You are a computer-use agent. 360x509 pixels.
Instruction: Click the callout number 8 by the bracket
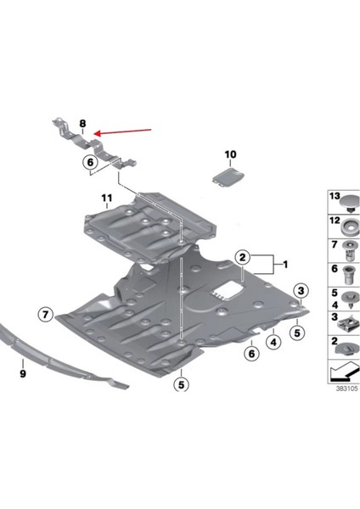(x=82, y=124)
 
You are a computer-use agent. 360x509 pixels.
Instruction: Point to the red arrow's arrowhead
(x=97, y=133)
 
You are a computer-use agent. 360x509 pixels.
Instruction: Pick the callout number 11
(x=107, y=200)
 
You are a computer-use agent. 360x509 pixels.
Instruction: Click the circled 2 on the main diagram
(x=242, y=255)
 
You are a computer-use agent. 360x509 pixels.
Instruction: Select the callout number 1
(x=285, y=264)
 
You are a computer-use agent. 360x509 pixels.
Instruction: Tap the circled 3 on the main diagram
(x=300, y=292)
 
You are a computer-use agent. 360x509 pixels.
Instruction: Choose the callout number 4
(x=274, y=342)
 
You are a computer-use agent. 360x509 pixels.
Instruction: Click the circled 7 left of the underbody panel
(x=45, y=315)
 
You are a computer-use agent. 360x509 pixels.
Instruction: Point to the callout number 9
(x=23, y=371)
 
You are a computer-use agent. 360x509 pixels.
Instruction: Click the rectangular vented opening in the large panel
(x=223, y=293)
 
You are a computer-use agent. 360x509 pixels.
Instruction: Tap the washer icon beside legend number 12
(x=348, y=227)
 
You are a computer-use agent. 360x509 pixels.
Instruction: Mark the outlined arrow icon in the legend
(x=343, y=372)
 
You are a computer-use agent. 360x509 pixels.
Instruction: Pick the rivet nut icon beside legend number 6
(x=348, y=273)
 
